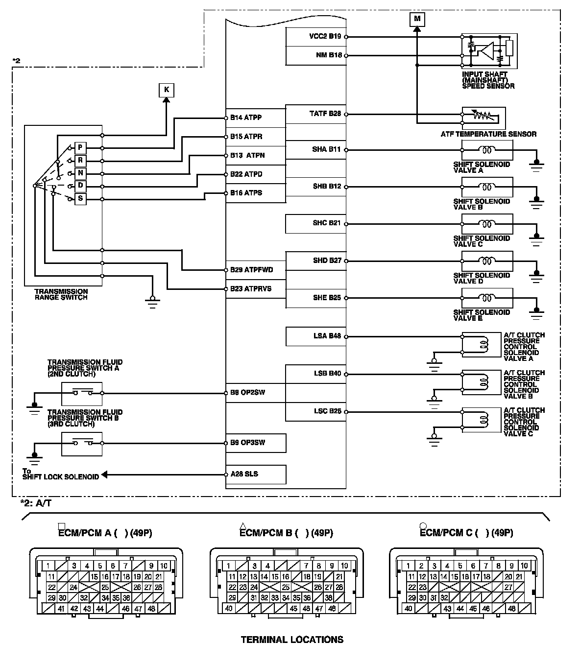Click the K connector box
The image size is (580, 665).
pyautogui.click(x=167, y=90)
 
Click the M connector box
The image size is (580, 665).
pyautogui.click(x=417, y=19)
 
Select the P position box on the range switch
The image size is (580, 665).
pyautogui.click(x=80, y=148)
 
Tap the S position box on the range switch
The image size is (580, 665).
pyautogui.click(x=80, y=198)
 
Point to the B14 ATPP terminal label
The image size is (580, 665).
pyautogui.click(x=246, y=118)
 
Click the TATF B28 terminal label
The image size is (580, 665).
pyautogui.click(x=325, y=114)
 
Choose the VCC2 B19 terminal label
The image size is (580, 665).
pyautogui.click(x=325, y=36)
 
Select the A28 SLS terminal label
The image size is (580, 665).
pyautogui.click(x=244, y=474)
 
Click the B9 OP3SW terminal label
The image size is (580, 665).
pyautogui.click(x=247, y=443)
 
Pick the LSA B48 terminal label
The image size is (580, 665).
pyautogui.click(x=327, y=336)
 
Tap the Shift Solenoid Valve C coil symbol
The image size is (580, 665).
pyautogui.click(x=487, y=224)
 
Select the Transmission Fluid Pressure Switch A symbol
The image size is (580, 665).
pyautogui.click(x=82, y=393)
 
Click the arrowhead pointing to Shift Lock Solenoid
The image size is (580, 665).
pyautogui.click(x=104, y=475)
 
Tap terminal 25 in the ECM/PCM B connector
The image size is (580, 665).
pyautogui.click(x=286, y=587)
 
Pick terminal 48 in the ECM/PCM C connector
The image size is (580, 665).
pyautogui.click(x=512, y=609)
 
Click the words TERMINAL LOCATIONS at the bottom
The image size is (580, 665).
pyautogui.click(x=292, y=640)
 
